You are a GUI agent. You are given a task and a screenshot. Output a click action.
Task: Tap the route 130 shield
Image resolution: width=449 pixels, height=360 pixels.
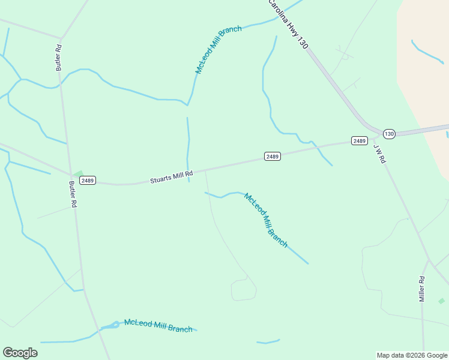pos(389,134)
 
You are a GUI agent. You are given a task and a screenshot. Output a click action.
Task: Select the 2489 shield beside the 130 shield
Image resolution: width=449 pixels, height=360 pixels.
pos(359,141)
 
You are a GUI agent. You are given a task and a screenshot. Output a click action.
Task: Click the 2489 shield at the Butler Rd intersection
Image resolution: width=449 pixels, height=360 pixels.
pos(88,180)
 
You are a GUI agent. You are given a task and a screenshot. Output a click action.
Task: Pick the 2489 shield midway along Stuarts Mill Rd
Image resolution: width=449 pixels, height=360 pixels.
pos(272,157)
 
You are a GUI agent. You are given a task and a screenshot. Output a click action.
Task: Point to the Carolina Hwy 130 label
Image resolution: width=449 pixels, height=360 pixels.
pos(288,24)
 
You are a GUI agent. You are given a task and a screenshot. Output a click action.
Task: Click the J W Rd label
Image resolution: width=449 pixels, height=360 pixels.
pos(379,154)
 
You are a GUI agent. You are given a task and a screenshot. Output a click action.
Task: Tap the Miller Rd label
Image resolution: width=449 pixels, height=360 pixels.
pos(422,289)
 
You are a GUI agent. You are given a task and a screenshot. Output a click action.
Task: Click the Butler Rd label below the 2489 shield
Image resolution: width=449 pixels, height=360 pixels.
pos(73,194)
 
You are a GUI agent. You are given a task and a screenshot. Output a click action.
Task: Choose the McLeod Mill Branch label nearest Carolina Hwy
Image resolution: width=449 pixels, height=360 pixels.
pos(218,50)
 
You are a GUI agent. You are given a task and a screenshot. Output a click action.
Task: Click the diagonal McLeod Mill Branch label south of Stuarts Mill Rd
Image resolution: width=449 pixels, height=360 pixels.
pos(266,220)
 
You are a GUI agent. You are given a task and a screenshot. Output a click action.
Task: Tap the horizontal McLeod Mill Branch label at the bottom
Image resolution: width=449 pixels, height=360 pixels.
pos(158,326)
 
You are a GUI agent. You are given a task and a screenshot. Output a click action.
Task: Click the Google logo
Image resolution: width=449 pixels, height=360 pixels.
pos(20,353)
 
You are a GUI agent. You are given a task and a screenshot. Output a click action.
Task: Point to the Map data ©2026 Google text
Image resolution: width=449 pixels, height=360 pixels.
pos(412,355)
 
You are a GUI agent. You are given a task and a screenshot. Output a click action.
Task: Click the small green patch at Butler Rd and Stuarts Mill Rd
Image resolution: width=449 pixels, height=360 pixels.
pos(78,174)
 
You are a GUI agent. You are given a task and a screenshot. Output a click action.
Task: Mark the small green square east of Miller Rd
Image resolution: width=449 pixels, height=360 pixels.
pos(441,301)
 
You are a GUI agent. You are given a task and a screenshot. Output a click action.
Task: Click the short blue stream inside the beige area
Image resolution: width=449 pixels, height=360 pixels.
pos(427,52)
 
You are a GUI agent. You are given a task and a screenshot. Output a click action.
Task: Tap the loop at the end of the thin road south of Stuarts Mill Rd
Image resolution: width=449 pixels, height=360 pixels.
pos(244,290)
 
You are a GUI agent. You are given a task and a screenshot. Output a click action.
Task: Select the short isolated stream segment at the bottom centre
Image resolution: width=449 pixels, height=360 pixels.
pos(268,342)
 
